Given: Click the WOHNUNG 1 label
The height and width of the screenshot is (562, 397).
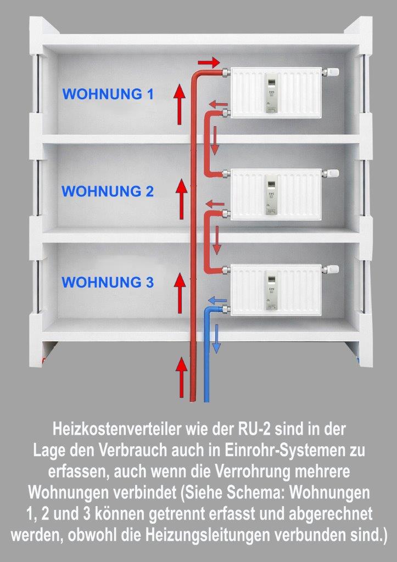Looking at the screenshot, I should point(108,94).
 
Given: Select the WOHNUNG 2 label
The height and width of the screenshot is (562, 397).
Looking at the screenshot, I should point(108,192).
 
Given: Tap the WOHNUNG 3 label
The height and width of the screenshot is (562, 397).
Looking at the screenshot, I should point(108,282).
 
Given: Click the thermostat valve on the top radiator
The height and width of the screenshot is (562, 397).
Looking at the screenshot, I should point(331,72).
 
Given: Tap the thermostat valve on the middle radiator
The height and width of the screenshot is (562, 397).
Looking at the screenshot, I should point(331,173).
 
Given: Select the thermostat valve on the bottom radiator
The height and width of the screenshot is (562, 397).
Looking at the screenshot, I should point(331,269).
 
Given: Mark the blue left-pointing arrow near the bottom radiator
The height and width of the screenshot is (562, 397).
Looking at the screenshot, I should point(217,300).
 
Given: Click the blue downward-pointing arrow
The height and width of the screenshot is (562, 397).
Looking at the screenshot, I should point(217,338).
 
